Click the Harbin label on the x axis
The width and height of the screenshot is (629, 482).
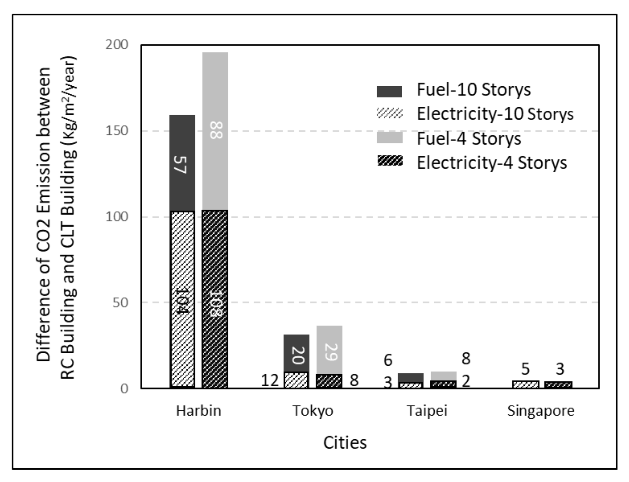[x=199, y=411]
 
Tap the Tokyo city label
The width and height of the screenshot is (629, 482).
[x=313, y=411]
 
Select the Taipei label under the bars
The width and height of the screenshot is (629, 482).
[x=427, y=411]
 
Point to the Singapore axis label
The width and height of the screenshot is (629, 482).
[x=541, y=411]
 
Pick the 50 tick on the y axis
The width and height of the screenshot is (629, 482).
[x=120, y=303]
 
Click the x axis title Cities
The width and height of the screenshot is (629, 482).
[x=345, y=443]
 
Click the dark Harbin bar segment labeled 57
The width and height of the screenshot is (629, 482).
[x=182, y=163]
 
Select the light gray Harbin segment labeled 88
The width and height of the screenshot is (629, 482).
[x=215, y=131]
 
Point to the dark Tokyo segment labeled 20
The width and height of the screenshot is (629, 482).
[x=296, y=355]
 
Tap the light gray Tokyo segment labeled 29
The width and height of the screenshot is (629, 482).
[x=329, y=351]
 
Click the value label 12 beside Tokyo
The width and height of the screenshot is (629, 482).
[x=270, y=381]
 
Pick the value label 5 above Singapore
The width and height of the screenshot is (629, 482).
[x=525, y=369]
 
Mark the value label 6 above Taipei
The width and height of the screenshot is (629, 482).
[x=388, y=360]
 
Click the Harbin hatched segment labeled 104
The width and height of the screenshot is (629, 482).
[x=182, y=301]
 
